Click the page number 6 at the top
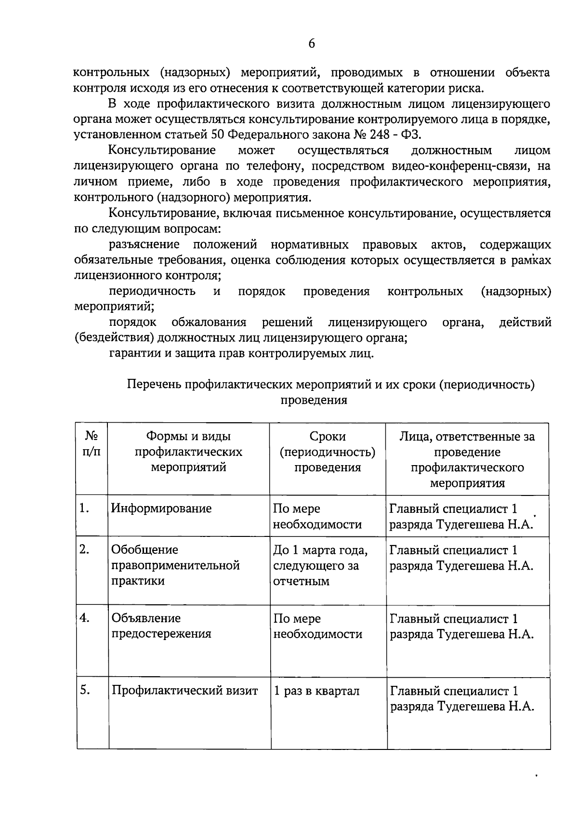coord(312,44)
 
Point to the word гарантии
coord(132,353)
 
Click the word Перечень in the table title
coord(154,384)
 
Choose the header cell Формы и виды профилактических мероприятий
coord(188,452)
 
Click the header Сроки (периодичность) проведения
coord(328,452)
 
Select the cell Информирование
coord(161,508)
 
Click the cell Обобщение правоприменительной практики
coord(175,565)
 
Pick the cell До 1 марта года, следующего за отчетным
coord(320,565)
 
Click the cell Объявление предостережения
coord(161,626)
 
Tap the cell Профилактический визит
coord(185,691)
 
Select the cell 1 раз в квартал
coord(316,691)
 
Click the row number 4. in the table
coord(85,618)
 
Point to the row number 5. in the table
coord(85,690)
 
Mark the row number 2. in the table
coord(84,549)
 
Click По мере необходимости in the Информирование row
coord(317,516)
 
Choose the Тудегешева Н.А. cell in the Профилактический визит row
coord(462,698)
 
